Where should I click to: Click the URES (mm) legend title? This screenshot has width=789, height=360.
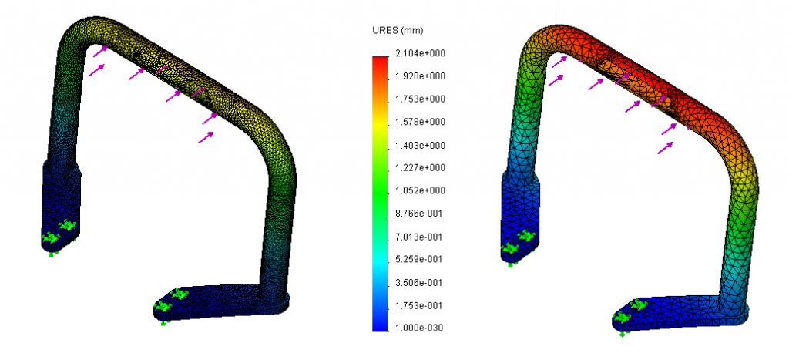click(397, 30)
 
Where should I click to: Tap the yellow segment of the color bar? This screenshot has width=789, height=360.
click(379, 123)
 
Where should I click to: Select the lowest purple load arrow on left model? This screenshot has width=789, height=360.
click(206, 137)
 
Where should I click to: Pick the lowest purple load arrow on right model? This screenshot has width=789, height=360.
click(665, 147)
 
